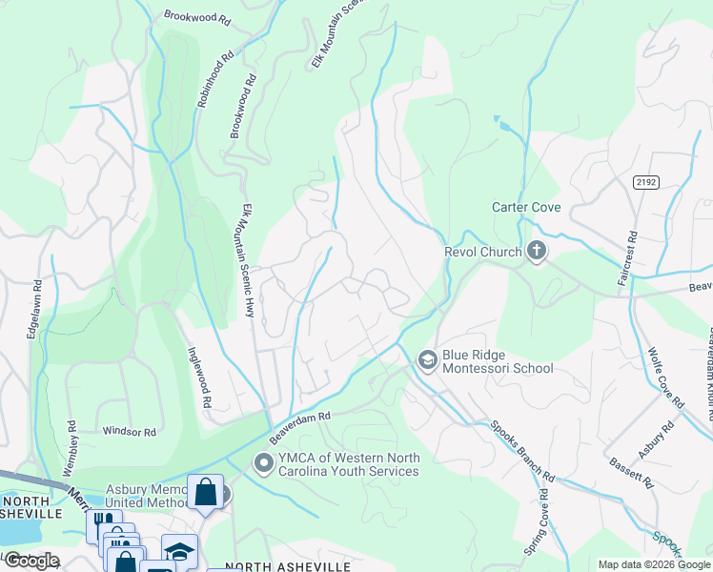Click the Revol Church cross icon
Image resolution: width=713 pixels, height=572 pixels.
click(536, 252)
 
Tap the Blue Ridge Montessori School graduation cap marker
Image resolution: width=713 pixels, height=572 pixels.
click(427, 359)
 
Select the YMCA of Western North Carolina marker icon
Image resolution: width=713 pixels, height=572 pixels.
click(263, 464)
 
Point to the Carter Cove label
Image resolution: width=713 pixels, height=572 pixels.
click(526, 207)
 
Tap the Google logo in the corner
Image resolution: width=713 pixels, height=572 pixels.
click(31, 561)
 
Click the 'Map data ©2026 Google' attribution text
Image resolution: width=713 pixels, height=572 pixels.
click(654, 564)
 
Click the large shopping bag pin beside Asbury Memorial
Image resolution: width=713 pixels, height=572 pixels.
click(205, 492)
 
